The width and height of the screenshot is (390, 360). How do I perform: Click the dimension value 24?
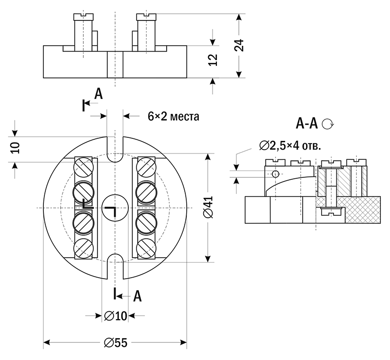pyautogui.click(x=239, y=45)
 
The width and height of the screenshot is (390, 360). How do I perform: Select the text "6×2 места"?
pyautogui.click(x=173, y=116)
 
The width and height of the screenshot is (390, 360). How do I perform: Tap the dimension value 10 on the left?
pyautogui.click(x=14, y=148)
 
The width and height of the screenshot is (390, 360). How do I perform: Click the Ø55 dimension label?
pyautogui.click(x=116, y=343)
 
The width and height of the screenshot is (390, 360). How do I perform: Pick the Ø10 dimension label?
pyautogui.click(x=116, y=316)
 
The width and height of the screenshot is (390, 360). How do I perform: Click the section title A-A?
pyautogui.click(x=307, y=123)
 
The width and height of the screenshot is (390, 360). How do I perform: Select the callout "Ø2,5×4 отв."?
pyautogui.click(x=291, y=145)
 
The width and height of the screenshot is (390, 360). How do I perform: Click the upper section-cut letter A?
pyautogui.click(x=98, y=94)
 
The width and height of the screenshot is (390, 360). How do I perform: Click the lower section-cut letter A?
pyautogui.click(x=137, y=296)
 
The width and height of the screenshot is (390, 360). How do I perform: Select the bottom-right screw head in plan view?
pyautogui.click(x=147, y=247)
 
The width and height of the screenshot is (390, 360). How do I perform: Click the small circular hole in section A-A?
pyautogui.click(x=275, y=174)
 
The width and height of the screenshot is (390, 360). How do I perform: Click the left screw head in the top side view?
pyautogui.click(x=83, y=17)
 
